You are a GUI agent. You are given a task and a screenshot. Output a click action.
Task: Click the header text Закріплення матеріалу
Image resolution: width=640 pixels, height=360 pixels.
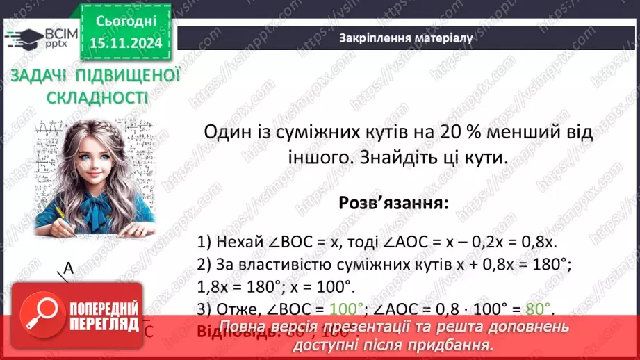pos(406,38)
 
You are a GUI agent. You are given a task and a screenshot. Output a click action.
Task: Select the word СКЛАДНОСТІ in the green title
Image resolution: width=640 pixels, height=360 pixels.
pos(97,97)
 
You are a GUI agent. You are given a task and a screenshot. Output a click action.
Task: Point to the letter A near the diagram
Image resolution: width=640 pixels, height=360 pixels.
pos(68,268)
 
